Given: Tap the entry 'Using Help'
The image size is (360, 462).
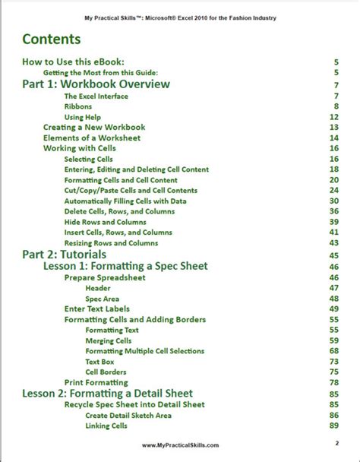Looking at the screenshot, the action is [84, 118].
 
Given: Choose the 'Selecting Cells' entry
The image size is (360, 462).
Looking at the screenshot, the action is [90, 160].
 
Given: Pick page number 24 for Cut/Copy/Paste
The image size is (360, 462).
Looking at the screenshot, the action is [333, 190].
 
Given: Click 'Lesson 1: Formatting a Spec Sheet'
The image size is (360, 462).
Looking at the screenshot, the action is [125, 267].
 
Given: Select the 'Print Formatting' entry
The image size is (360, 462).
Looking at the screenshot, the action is [96, 382].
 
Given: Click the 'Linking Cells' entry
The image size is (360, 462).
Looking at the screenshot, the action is [106, 426].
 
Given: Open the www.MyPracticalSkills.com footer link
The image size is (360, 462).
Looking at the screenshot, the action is [181, 446].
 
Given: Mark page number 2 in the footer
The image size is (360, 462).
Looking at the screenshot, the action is [336, 443].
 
